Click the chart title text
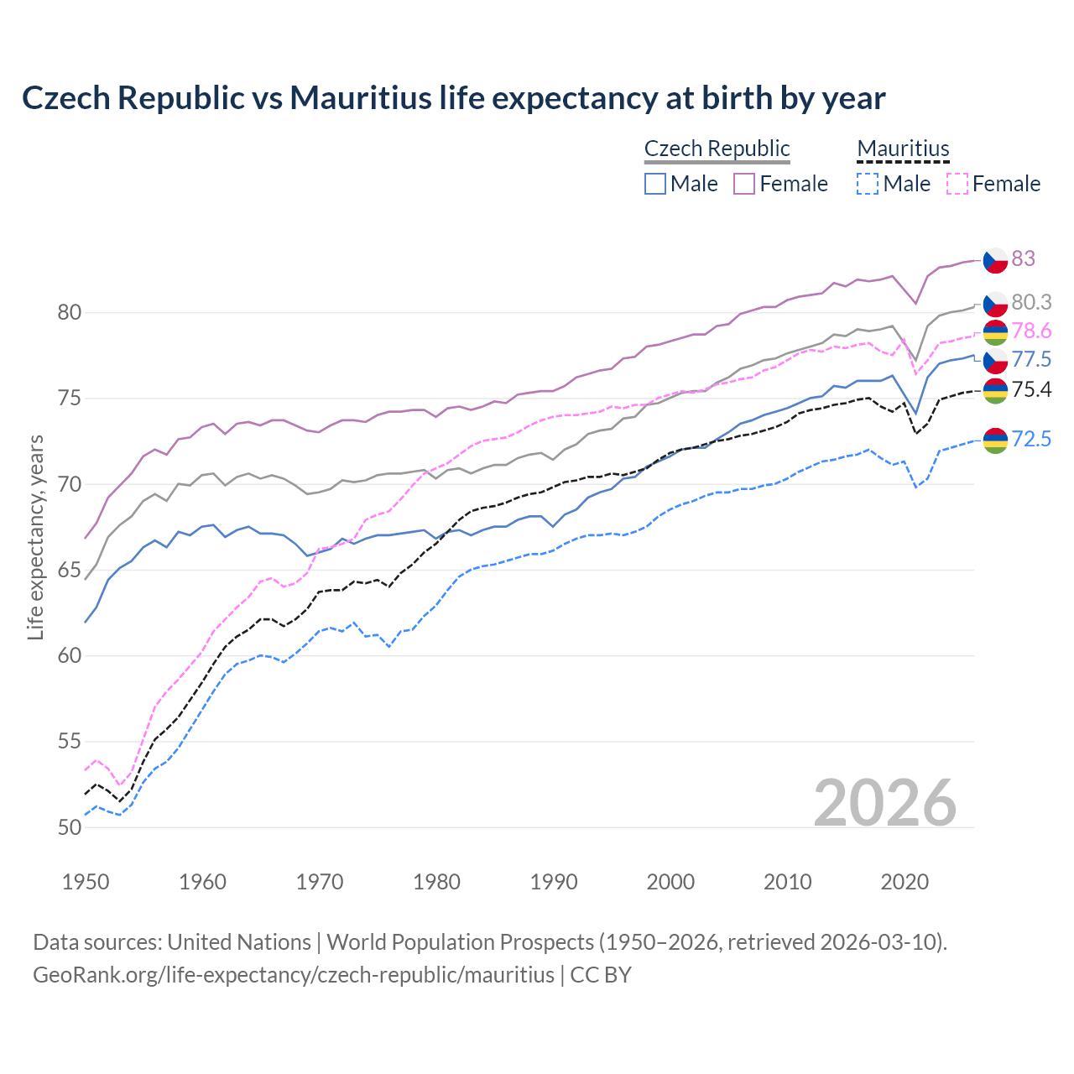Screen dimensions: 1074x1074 click(x=453, y=98)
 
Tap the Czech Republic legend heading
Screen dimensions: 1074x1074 click(x=717, y=149)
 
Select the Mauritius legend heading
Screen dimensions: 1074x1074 click(x=903, y=149)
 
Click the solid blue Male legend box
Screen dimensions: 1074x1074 click(x=655, y=184)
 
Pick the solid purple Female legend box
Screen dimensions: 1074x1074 click(x=744, y=184)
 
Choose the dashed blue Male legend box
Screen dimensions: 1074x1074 click(x=868, y=184)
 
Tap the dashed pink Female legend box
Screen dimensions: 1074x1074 click(x=957, y=184)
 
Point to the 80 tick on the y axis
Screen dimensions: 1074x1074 click(x=70, y=313)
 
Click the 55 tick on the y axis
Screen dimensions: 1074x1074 click(x=70, y=742)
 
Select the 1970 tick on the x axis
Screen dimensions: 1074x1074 click(x=320, y=882)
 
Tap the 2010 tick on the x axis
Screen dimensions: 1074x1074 click(x=787, y=882)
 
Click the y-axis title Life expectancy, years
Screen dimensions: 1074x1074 click(x=35, y=537)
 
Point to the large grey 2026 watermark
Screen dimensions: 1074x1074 click(x=885, y=803)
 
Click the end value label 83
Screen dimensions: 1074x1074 click(x=1023, y=258)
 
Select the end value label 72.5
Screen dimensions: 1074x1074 click(x=1031, y=439)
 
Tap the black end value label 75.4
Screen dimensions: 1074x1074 click(x=1031, y=389)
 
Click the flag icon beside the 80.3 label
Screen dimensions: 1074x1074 click(x=995, y=303)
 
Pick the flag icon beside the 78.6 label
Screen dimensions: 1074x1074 click(x=995, y=332)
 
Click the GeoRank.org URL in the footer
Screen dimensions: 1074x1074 click(x=294, y=975)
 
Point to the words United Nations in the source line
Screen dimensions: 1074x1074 click(x=239, y=942)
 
